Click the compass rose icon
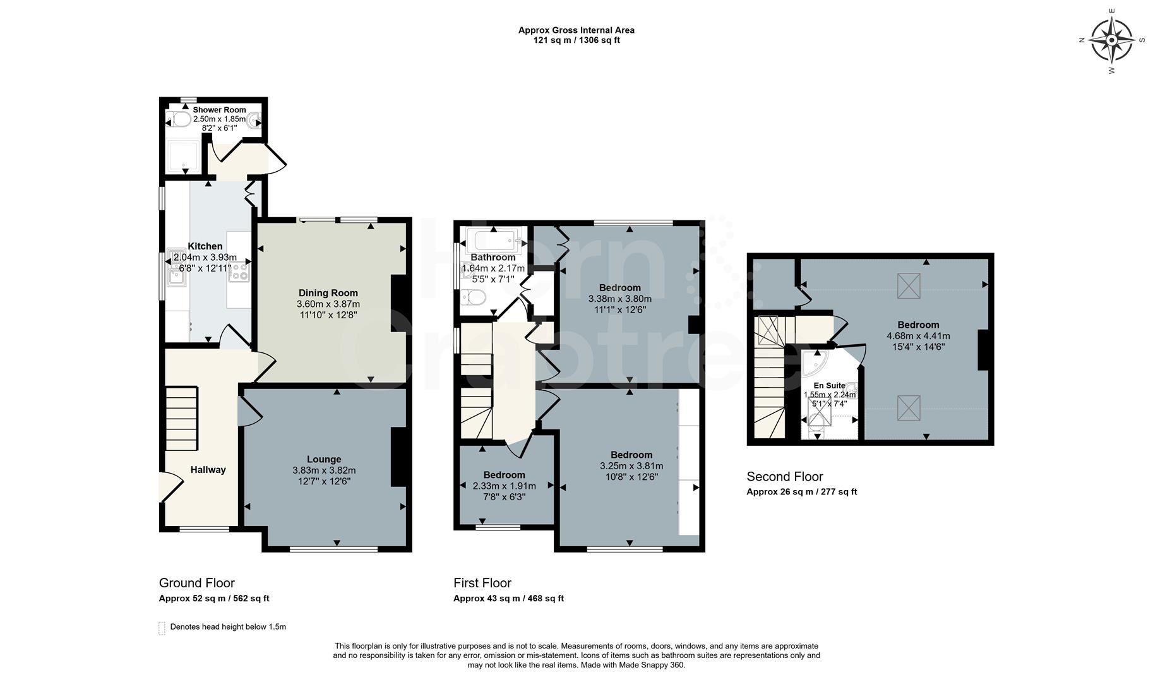point(1111,40)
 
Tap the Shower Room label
point(219,110)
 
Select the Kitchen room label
point(205,246)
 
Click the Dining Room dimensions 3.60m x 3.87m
point(328,304)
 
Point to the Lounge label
point(324,459)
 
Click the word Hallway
point(208,469)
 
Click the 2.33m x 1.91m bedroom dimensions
point(504,486)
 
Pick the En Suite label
point(829,385)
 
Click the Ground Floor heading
point(196,582)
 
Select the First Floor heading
point(482,582)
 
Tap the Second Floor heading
point(785,476)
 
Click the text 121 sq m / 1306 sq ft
point(576,40)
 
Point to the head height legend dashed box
point(162,628)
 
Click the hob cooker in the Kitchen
point(239,272)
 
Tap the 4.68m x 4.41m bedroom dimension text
point(918,336)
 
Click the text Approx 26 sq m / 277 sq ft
point(801,491)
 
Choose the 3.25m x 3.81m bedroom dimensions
point(631,465)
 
